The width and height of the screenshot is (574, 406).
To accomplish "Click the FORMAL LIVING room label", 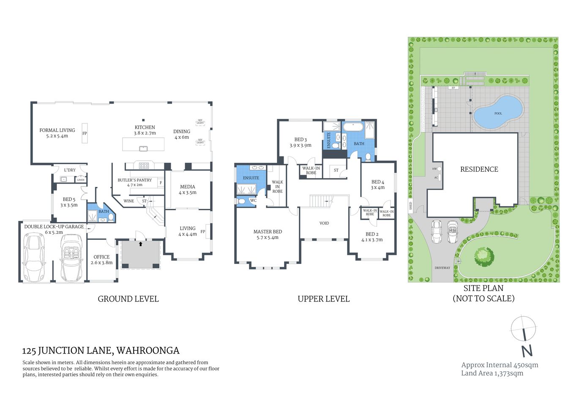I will click(x=57, y=130).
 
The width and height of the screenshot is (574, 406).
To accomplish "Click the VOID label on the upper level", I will click(x=324, y=223).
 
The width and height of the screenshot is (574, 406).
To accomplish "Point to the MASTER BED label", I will click(x=268, y=232).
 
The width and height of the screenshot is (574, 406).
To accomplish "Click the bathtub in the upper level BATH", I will click(x=353, y=127).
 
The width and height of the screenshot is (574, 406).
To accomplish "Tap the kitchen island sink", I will click(x=143, y=148).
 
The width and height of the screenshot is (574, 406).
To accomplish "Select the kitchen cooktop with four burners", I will click(x=144, y=166).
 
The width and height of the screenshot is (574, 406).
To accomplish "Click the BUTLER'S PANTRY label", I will click(x=134, y=180).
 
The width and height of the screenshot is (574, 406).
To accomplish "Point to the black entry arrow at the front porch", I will click(x=141, y=244).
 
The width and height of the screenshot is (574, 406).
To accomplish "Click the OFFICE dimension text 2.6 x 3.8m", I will click(x=101, y=263).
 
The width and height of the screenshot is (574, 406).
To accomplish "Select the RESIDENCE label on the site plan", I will click(x=479, y=169).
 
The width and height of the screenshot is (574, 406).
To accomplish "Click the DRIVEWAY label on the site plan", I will click(x=442, y=268).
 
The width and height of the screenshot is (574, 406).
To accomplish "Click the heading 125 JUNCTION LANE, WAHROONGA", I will click(x=101, y=351).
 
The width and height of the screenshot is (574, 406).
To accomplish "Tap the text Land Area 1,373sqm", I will click(x=492, y=373).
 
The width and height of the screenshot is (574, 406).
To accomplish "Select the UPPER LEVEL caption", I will click(x=323, y=299).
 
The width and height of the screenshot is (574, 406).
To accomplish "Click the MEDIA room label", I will click(x=187, y=187).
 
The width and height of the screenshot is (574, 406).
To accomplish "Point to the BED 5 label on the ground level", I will click(x=69, y=199).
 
